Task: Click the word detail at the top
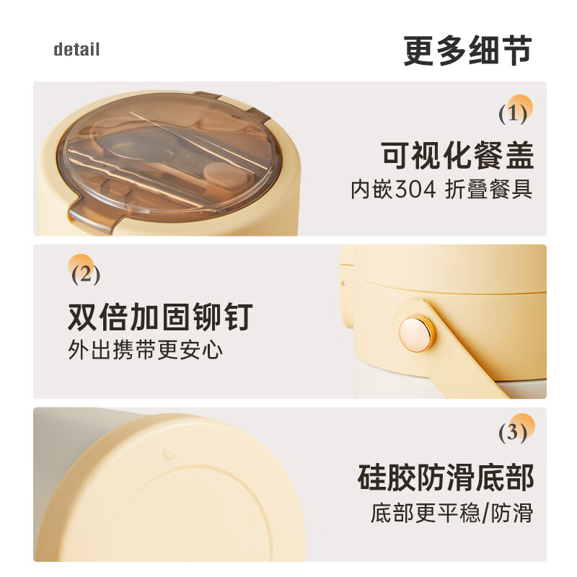click(76, 49)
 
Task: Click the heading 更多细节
click(467, 50)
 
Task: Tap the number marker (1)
click(513, 114)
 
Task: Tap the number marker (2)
click(86, 275)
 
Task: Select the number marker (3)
click(513, 431)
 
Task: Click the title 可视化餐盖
click(457, 155)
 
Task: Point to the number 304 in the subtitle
click(415, 190)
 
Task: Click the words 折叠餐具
click(489, 190)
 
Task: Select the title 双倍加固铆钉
click(160, 317)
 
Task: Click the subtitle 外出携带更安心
click(146, 350)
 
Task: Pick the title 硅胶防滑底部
click(446, 477)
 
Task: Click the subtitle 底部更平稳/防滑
click(452, 512)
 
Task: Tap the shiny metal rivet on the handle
click(416, 333)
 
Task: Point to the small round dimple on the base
click(169, 452)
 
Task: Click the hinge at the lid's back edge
click(241, 107)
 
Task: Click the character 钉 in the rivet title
click(238, 317)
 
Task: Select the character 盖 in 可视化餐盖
click(519, 155)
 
